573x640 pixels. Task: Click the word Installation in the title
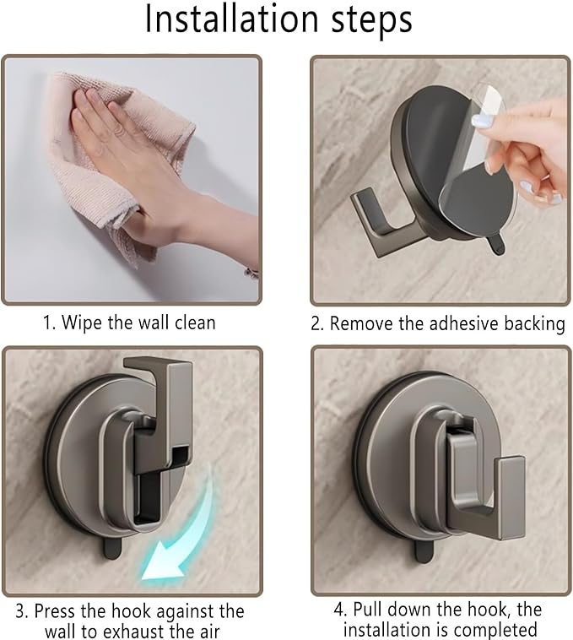coord(231,19)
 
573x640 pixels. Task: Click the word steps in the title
coord(371,21)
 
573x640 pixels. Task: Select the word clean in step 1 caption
coord(195,323)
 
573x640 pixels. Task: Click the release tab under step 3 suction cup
coord(111,548)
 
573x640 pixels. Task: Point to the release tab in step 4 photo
coord(424,551)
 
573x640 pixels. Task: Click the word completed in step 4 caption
coord(498,631)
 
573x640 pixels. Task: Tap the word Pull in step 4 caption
coord(367,610)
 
